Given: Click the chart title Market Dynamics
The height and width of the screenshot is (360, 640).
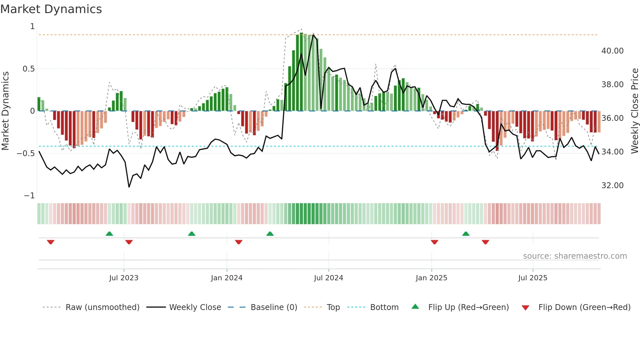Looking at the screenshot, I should click(51, 9).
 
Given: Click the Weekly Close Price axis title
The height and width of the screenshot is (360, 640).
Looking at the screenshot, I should click(634, 111).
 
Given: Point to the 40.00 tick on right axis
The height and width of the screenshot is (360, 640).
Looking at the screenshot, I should click(612, 51).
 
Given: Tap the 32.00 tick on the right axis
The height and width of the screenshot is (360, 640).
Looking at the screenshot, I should click(612, 186).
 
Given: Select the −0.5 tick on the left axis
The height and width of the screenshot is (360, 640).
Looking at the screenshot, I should click(26, 153).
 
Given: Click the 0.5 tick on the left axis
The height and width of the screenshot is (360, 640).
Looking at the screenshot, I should click(28, 69).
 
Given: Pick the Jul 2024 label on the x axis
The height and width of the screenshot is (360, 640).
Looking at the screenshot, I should click(328, 278).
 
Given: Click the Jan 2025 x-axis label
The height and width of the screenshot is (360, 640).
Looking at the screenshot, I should click(431, 278).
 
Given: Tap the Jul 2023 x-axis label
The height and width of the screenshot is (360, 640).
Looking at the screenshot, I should click(124, 278).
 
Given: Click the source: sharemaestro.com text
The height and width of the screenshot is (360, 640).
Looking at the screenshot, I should click(575, 256).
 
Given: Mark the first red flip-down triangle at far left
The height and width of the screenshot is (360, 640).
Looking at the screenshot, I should click(51, 242).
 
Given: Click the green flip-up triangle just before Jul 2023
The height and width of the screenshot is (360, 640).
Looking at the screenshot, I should click(109, 234).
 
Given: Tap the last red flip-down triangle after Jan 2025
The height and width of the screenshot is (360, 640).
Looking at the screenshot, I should click(485, 242).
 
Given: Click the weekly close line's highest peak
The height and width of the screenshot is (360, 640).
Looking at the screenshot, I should click(313, 35).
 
